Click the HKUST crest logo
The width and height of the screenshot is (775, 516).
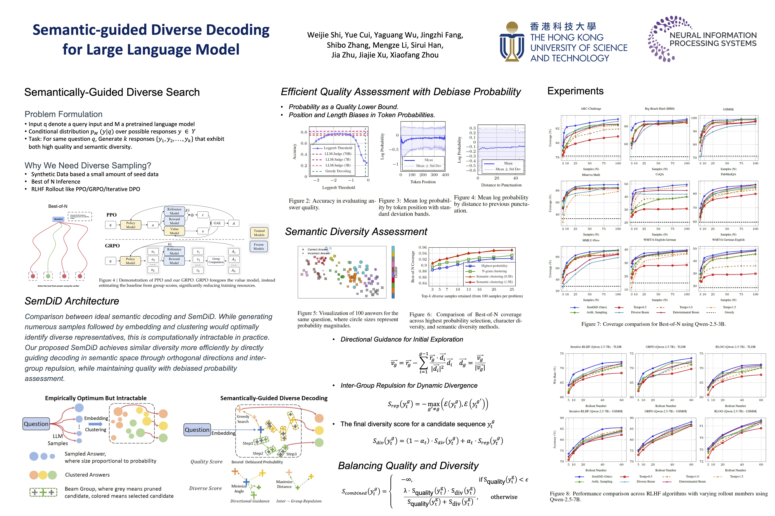(512, 42)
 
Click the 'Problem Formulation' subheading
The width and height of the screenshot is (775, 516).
(63, 114)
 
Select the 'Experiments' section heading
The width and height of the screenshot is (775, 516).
(575, 91)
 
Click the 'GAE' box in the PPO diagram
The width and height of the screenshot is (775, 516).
(217, 223)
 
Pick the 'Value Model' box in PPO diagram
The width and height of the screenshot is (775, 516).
(174, 231)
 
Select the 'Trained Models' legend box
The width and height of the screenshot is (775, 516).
(259, 233)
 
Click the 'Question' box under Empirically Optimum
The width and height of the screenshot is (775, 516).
(36, 424)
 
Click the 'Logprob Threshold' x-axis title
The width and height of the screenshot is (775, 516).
(338, 188)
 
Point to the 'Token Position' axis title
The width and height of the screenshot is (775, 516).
(423, 182)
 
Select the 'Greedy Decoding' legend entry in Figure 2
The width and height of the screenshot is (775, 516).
(338, 171)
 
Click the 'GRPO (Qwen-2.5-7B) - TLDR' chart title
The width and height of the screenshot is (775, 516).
(666, 347)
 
